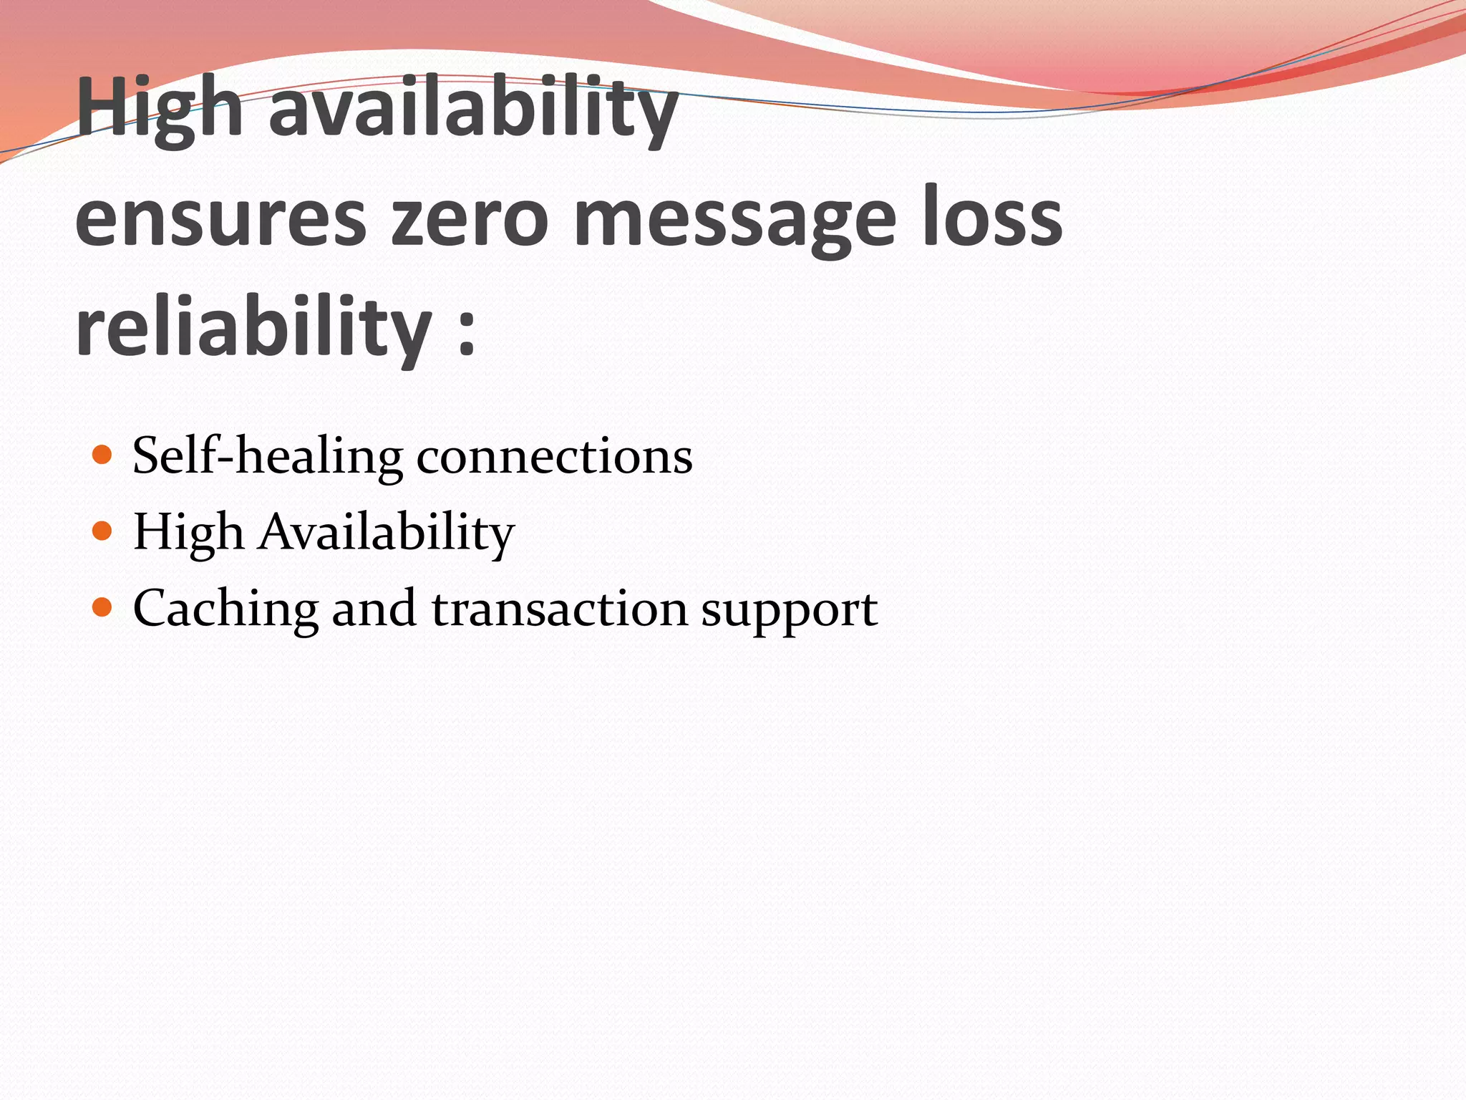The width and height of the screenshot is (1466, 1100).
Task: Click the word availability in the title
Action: click(x=472, y=109)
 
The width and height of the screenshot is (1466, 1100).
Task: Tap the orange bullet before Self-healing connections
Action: click(x=103, y=455)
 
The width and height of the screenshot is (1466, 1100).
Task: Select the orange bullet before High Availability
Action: click(x=103, y=531)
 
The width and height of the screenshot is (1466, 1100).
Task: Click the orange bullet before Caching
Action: click(x=103, y=607)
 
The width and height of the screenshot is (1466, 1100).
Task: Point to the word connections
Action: click(x=554, y=457)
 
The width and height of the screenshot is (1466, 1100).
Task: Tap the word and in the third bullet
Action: click(x=374, y=609)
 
